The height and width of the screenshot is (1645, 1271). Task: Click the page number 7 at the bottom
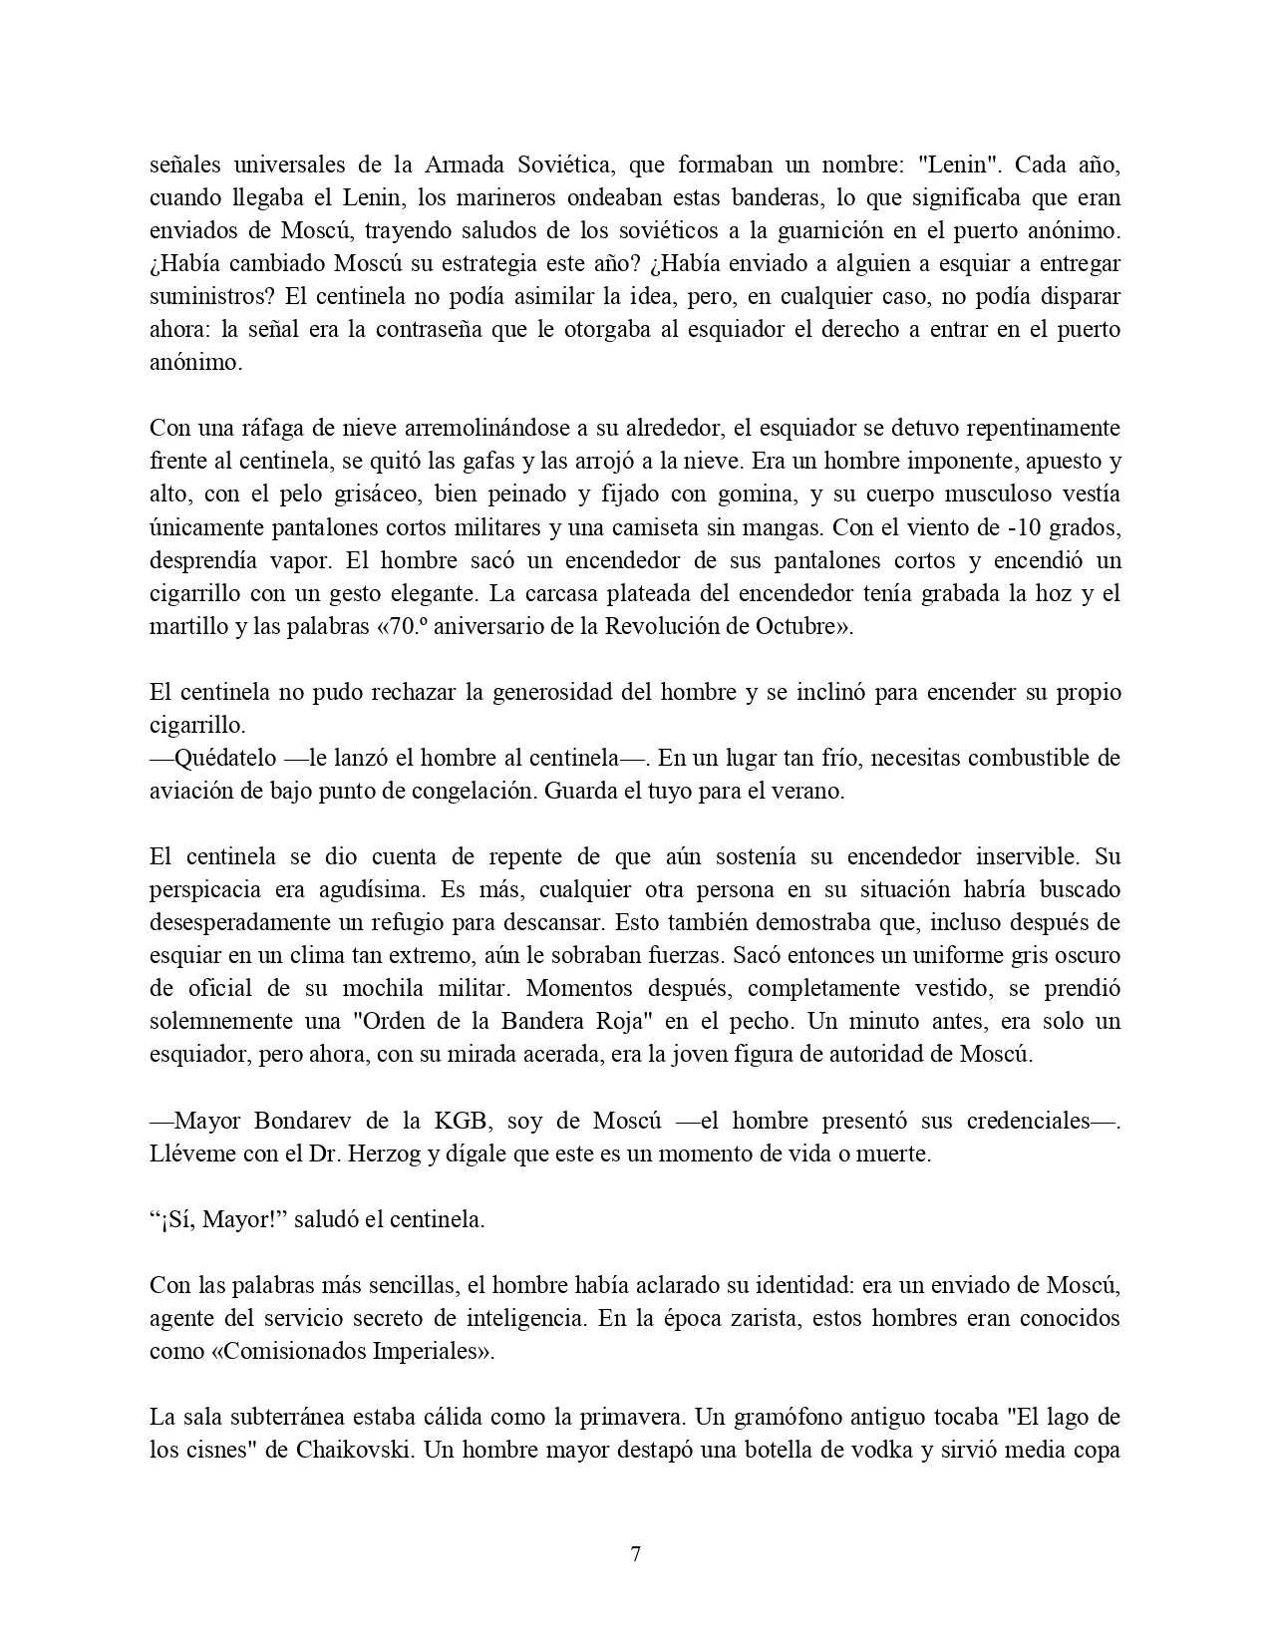pos(635,1554)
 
